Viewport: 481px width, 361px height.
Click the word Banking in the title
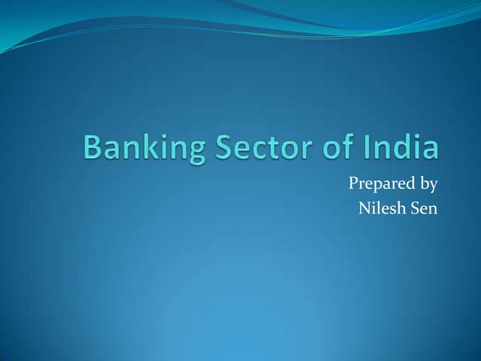pyautogui.click(x=144, y=148)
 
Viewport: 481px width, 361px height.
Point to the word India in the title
pyautogui.click(x=401, y=146)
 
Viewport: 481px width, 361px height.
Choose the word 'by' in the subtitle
pyautogui.click(x=427, y=184)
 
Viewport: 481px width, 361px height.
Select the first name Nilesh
pyautogui.click(x=380, y=208)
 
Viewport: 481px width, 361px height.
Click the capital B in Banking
pyautogui.click(x=92, y=147)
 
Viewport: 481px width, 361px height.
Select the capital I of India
pyautogui.click(x=368, y=147)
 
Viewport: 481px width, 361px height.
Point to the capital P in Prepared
pyautogui.click(x=354, y=183)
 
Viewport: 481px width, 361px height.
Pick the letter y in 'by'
pyautogui.click(x=433, y=186)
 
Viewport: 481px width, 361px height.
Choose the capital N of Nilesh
pyautogui.click(x=365, y=208)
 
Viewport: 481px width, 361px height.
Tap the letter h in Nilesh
pyautogui.click(x=396, y=208)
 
